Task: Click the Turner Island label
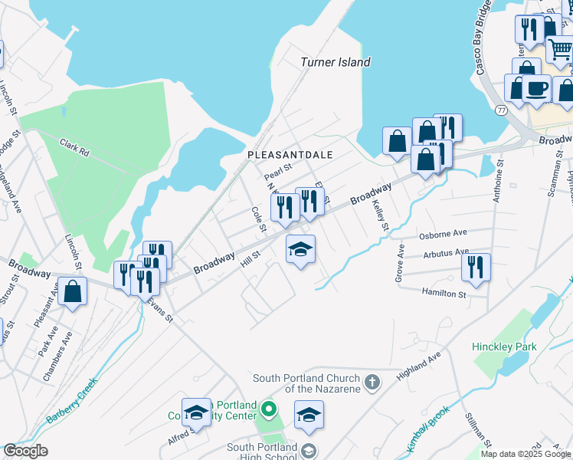point(335,62)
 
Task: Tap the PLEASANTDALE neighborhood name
point(290,155)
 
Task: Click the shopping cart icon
point(560,50)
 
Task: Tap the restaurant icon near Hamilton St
point(476,268)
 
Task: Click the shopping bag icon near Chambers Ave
point(72,291)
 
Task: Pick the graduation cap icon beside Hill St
point(301,248)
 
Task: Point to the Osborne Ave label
point(443,233)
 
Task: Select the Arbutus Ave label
point(445,252)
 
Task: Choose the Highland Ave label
point(419,366)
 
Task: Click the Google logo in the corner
point(25,450)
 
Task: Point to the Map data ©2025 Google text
point(526,454)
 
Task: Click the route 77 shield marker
point(501,110)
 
